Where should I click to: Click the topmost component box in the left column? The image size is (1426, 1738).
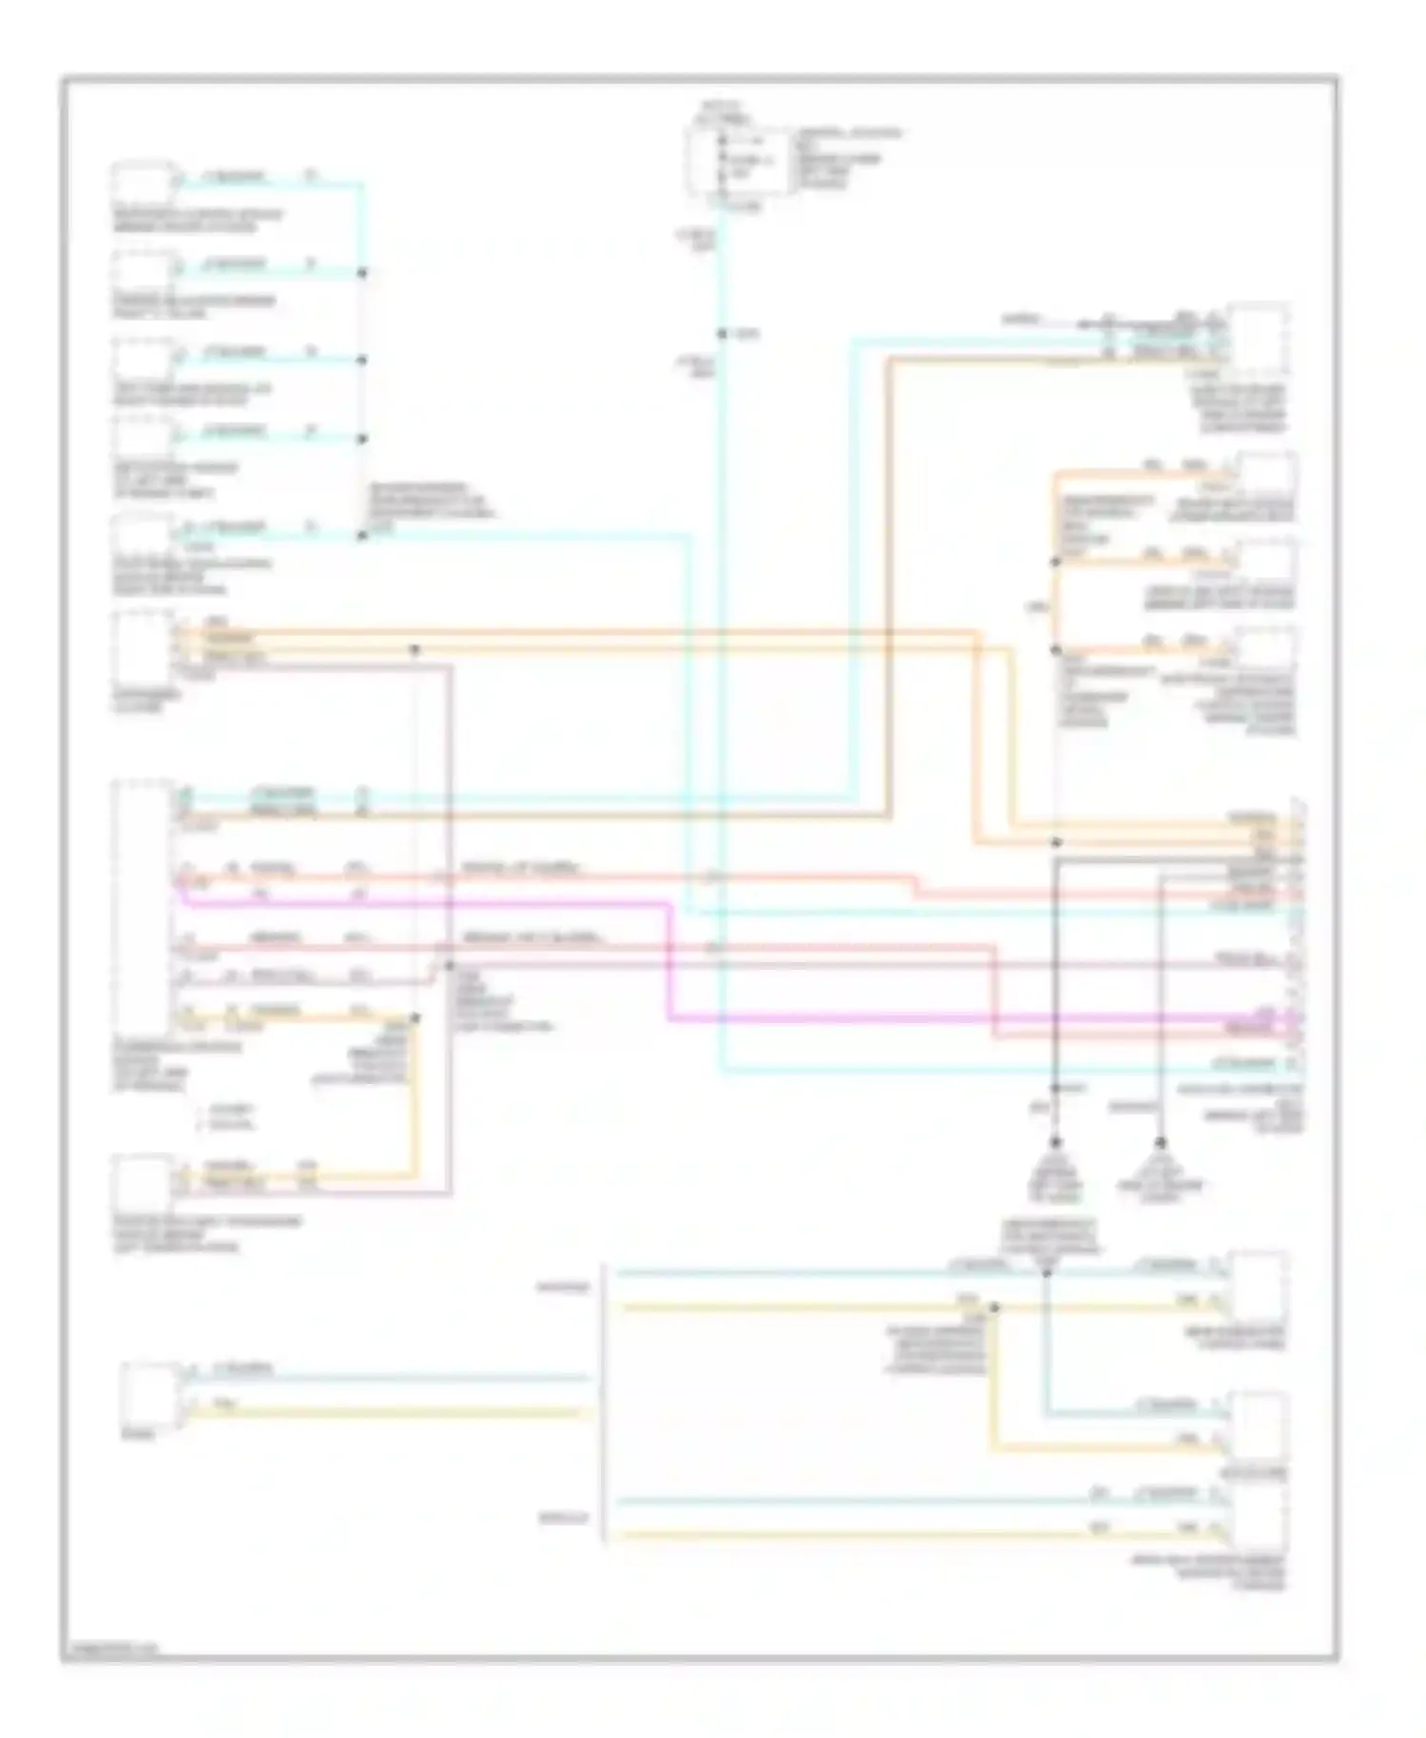[143, 183]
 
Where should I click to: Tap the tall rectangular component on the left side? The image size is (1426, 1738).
[143, 908]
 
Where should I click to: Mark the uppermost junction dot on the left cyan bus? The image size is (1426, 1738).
[361, 274]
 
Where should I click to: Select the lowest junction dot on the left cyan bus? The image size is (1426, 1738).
[361, 536]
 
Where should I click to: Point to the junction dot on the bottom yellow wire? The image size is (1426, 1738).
[994, 1309]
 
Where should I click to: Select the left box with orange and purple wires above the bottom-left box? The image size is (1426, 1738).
[143, 1179]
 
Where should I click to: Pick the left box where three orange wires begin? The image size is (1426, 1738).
[143, 647]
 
